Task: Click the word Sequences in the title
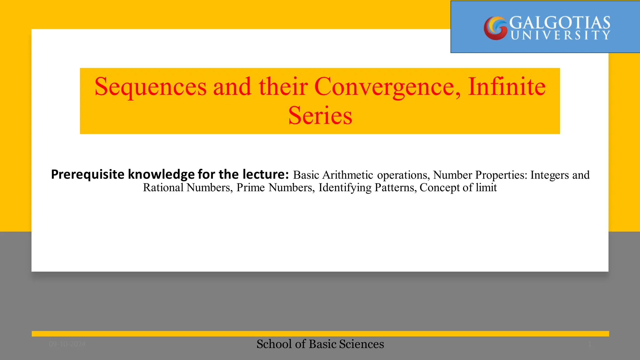151,87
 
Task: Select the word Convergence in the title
387,87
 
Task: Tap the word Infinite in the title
507,87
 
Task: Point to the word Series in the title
320,116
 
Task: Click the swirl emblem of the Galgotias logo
495,28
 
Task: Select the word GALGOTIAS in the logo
560,23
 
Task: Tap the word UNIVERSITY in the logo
560,35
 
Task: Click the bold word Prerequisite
88,175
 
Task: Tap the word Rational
163,187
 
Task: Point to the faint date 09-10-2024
67,344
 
